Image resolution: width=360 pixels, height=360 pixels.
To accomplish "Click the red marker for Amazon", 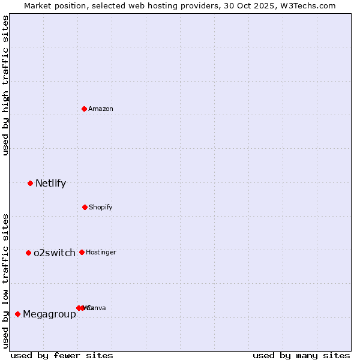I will click(x=85, y=109).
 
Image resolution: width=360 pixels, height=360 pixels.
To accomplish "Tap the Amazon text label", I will click(x=100, y=109).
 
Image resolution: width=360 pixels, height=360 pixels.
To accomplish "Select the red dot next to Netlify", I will click(x=30, y=183).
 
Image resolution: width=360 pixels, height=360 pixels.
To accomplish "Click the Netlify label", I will click(x=50, y=183).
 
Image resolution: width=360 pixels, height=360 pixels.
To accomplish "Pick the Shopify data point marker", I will click(x=85, y=207).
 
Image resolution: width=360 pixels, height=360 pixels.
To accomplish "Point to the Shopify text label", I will click(x=100, y=207).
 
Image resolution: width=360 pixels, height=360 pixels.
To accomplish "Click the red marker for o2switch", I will click(x=28, y=253).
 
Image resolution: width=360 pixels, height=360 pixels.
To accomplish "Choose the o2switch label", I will click(x=54, y=253).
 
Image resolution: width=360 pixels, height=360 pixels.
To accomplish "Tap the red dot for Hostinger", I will click(x=82, y=252).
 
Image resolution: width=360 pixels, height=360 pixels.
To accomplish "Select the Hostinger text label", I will click(x=101, y=252).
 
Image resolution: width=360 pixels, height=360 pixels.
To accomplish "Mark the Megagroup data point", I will click(x=17, y=314).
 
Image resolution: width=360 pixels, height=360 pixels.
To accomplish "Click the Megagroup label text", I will click(x=49, y=314).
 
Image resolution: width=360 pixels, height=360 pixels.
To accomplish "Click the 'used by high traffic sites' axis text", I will click(x=6, y=85).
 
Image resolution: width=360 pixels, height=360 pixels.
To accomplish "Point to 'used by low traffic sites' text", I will click(x=6, y=281).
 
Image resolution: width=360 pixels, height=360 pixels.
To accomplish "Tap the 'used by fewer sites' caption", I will click(x=62, y=355).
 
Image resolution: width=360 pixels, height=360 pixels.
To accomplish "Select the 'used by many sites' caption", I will click(x=301, y=355).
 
